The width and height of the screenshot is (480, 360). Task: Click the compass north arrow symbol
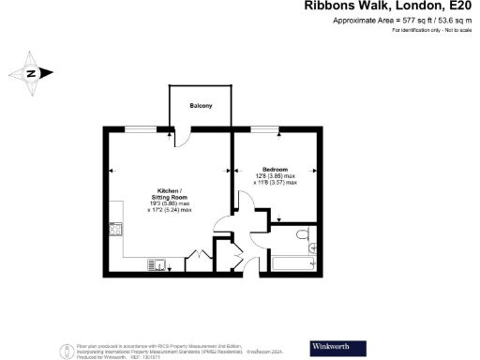(31, 73)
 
